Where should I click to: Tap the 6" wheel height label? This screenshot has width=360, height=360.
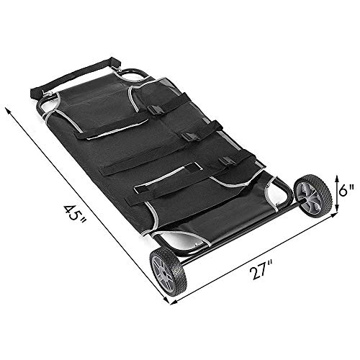pyautogui.click(x=346, y=191)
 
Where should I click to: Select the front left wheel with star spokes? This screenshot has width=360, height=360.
pyautogui.click(x=168, y=269)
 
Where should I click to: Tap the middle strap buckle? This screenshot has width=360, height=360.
pyautogui.click(x=188, y=137)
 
